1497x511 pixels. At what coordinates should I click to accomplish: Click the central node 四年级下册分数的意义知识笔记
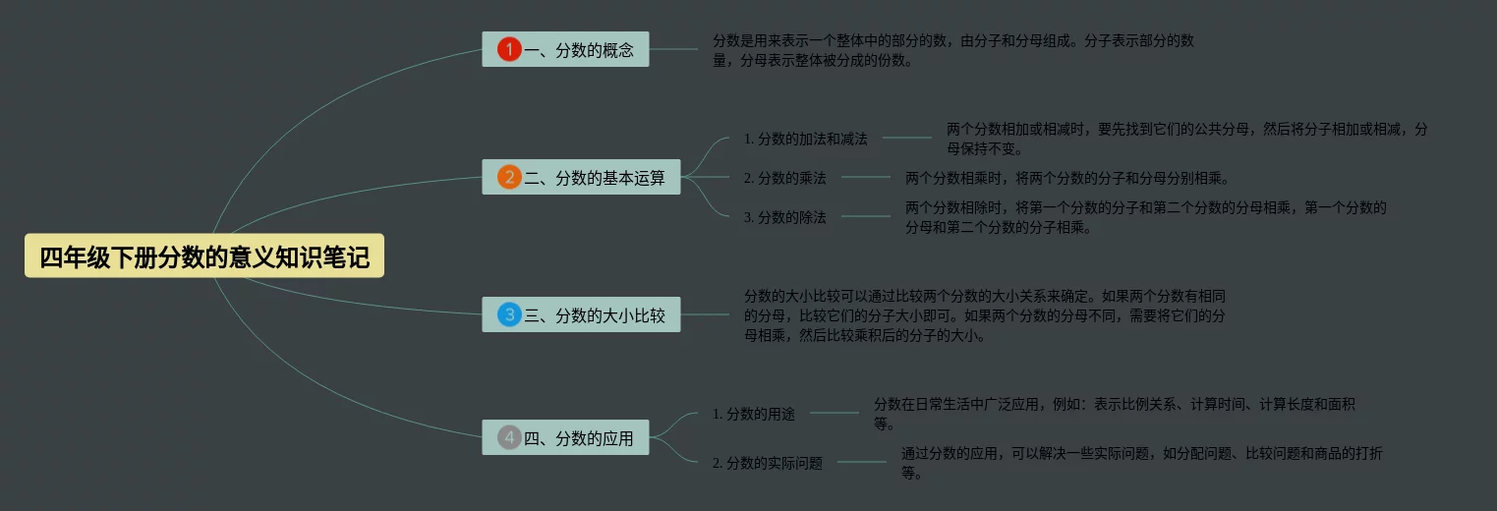[x=204, y=256]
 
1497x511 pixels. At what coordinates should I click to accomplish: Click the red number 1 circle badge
[x=509, y=49]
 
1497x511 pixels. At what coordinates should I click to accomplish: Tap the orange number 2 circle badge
[x=509, y=178]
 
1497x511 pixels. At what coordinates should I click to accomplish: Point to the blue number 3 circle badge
[x=509, y=315]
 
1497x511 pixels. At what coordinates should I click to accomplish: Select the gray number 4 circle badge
[x=509, y=438]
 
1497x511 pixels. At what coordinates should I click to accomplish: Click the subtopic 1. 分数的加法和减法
[x=805, y=139]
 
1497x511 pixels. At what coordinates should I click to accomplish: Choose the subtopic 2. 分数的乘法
[x=784, y=178]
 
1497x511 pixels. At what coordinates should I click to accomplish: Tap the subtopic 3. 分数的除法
[x=784, y=217]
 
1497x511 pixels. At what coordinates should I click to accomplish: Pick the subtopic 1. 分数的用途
[x=753, y=414]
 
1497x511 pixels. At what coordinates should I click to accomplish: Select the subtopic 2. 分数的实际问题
[x=767, y=463]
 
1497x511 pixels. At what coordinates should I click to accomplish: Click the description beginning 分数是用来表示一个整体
[x=952, y=50]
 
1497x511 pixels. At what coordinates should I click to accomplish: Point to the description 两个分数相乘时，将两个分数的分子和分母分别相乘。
[x=1067, y=178]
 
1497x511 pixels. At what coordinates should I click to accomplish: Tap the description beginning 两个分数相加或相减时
[x=1186, y=139]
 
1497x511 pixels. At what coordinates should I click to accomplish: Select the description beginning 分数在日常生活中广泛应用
[x=1115, y=414]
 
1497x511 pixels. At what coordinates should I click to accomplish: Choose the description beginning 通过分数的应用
[x=1142, y=463]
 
